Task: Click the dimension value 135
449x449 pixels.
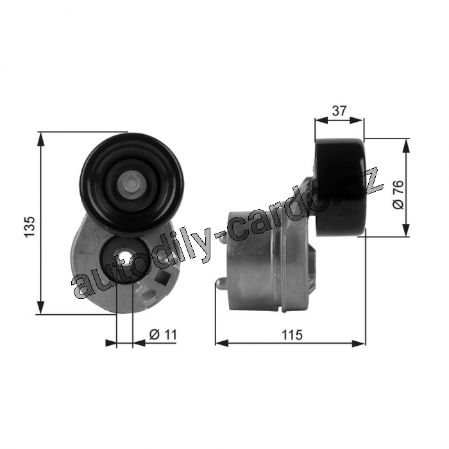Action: pyautogui.click(x=30, y=226)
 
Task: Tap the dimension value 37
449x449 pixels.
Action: pyautogui.click(x=339, y=110)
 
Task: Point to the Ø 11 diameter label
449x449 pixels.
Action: pyautogui.click(x=163, y=334)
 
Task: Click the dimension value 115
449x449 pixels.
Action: pyautogui.click(x=292, y=334)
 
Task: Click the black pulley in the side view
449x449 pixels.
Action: pyautogui.click(x=340, y=187)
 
